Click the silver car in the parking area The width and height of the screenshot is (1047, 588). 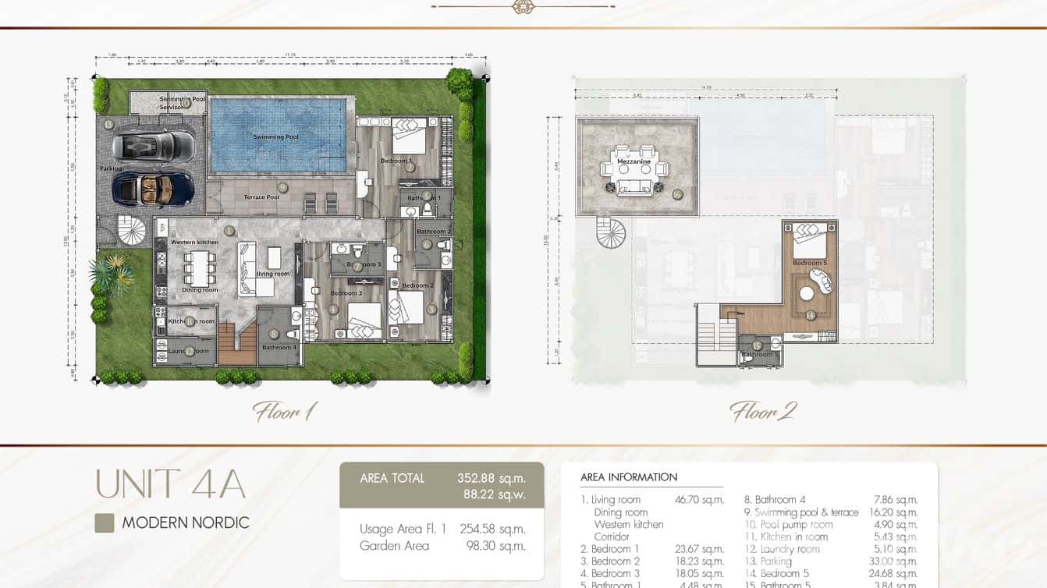click(153, 144)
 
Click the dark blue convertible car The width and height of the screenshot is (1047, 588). click(153, 188)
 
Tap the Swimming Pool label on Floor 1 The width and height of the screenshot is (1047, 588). click(275, 137)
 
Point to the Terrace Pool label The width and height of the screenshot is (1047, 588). click(261, 197)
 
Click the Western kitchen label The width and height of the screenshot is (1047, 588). click(194, 243)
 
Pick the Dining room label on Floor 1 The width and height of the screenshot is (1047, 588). click(200, 290)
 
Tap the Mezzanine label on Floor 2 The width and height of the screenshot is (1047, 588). click(634, 162)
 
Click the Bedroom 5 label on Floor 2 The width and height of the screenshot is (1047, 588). click(809, 264)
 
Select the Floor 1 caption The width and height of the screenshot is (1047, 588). click(284, 411)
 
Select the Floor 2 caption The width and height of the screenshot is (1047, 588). click(762, 411)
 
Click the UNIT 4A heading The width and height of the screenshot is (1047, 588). click(170, 484)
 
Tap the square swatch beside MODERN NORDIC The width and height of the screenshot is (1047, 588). click(105, 523)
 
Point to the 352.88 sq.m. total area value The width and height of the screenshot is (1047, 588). click(491, 478)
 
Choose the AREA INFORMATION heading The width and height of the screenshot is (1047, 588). click(629, 476)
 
